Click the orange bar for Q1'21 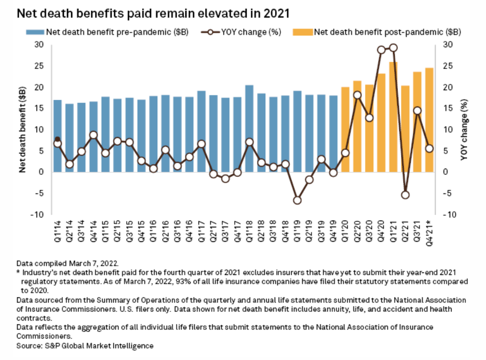[393, 117]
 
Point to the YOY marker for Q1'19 [297, 200]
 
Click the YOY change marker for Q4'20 [381, 50]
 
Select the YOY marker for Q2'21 [406, 195]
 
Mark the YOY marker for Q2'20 [357, 95]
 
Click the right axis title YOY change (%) [464, 130]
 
